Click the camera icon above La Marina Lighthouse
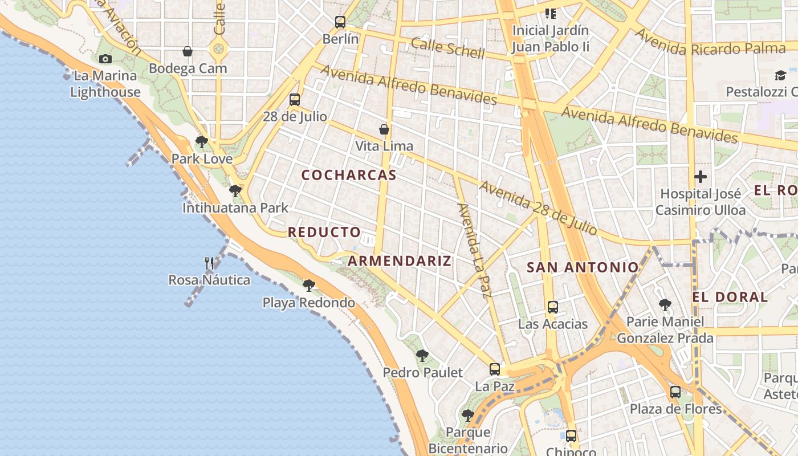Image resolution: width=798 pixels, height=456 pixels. (x=105, y=59)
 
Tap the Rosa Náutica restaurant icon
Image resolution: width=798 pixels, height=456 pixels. (x=209, y=263)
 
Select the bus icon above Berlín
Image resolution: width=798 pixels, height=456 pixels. (x=340, y=22)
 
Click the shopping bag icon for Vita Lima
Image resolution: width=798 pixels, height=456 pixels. (x=384, y=129)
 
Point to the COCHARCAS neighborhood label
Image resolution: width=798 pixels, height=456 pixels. (x=349, y=175)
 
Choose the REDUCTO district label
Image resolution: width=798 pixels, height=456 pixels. (x=324, y=232)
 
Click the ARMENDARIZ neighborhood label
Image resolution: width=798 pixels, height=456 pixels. (x=400, y=261)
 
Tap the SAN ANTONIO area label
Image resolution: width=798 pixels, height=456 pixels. (x=583, y=267)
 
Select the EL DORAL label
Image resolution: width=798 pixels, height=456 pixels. (x=730, y=296)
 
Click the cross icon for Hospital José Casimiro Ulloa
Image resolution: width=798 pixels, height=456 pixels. (x=701, y=177)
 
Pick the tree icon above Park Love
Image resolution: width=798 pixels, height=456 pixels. (x=201, y=142)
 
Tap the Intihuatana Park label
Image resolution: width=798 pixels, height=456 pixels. (x=235, y=208)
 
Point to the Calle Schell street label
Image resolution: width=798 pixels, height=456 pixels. (x=447, y=48)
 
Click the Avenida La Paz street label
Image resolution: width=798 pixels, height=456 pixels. (x=474, y=251)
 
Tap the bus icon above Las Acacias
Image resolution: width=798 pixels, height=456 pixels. (x=552, y=307)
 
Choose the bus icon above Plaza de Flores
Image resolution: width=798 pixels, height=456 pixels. (x=675, y=392)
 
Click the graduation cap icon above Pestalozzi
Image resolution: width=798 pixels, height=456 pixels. (x=780, y=75)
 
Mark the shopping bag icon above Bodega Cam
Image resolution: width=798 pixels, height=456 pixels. (x=188, y=52)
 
